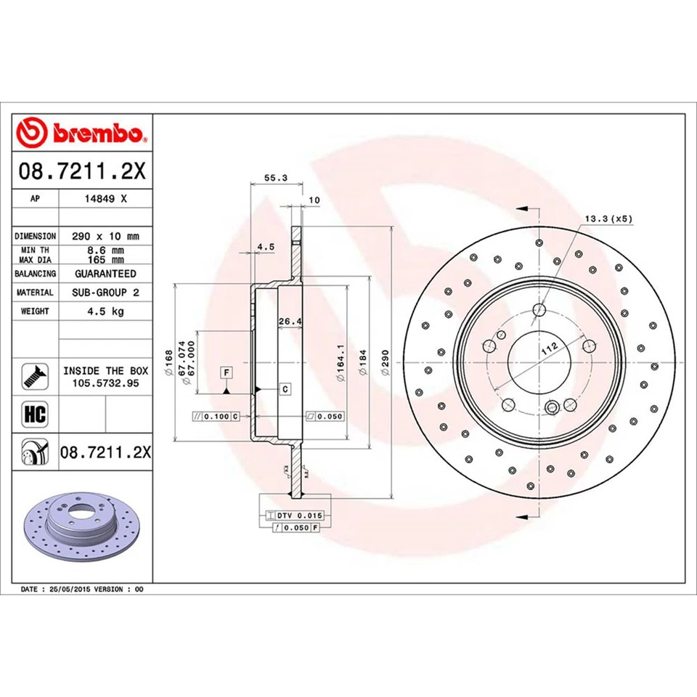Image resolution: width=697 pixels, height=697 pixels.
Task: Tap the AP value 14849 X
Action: (x=105, y=198)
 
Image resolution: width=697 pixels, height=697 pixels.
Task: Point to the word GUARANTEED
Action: (x=105, y=274)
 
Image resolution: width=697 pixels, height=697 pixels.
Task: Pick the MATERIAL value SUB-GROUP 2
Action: (x=105, y=292)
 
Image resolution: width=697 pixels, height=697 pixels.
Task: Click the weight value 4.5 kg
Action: (x=105, y=311)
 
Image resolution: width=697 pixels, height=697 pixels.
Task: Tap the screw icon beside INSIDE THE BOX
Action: (x=35, y=375)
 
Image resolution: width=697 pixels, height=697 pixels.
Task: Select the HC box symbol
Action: (x=35, y=415)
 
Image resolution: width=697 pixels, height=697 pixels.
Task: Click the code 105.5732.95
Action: (x=105, y=382)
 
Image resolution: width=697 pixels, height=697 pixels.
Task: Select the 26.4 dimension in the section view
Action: (x=290, y=320)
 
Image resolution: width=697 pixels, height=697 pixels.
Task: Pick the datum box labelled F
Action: (x=227, y=372)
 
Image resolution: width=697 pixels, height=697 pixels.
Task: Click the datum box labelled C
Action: (x=285, y=389)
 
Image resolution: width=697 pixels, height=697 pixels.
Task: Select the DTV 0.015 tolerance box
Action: (x=297, y=515)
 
